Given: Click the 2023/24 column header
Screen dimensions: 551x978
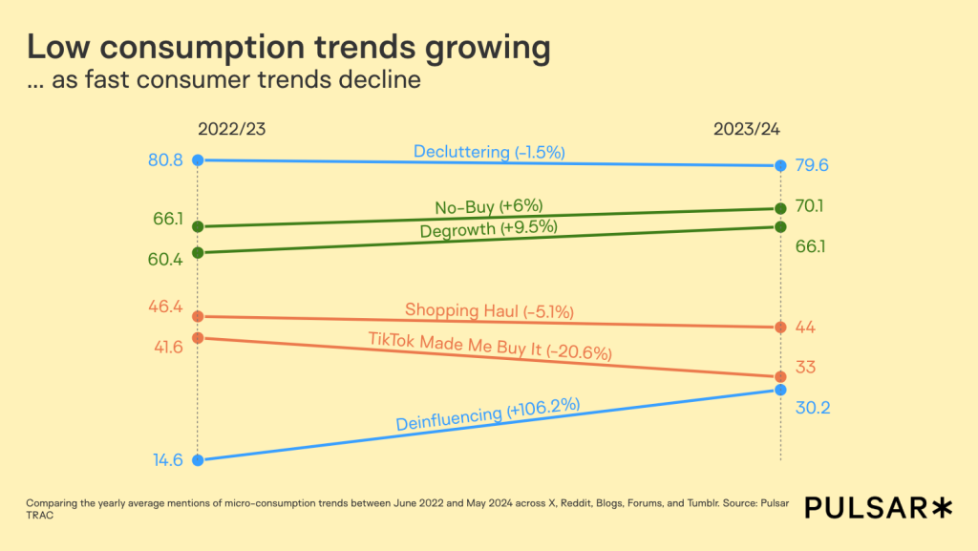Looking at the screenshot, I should (748, 129).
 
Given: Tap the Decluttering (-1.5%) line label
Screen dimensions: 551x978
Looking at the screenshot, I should (489, 152).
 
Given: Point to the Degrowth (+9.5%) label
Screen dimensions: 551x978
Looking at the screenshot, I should (488, 228).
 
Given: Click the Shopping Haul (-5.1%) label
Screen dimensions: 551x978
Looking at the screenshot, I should (489, 310).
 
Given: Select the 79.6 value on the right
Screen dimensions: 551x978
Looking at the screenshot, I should (812, 166).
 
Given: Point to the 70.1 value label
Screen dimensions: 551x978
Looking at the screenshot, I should (811, 206).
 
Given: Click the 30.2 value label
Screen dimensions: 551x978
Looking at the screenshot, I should (812, 408).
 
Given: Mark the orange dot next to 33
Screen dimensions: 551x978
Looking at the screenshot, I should (780, 376).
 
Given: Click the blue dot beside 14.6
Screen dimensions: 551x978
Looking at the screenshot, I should (198, 460).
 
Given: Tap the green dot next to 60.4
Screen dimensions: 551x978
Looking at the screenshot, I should (198, 252).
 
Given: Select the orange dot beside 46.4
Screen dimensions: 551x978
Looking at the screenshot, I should (198, 316).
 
